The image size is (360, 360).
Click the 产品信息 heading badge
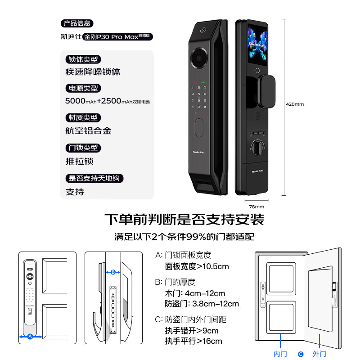[x=77, y=23]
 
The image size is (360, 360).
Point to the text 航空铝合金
[x=88, y=131]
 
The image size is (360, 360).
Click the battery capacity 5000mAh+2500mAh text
[x=108, y=101]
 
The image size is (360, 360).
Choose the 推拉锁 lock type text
[x=80, y=161]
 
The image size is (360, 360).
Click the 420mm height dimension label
[x=295, y=104]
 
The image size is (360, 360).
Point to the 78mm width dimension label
[x=256, y=207]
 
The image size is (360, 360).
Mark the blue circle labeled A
[x=30, y=336]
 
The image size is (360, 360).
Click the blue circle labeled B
[x=113, y=272]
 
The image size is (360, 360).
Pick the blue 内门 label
[x=280, y=354]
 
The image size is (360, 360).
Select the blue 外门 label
[x=319, y=354]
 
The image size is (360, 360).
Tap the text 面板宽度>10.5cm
[x=197, y=266]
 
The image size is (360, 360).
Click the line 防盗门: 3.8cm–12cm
[x=202, y=304]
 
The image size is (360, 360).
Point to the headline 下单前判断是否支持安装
[x=184, y=220]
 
